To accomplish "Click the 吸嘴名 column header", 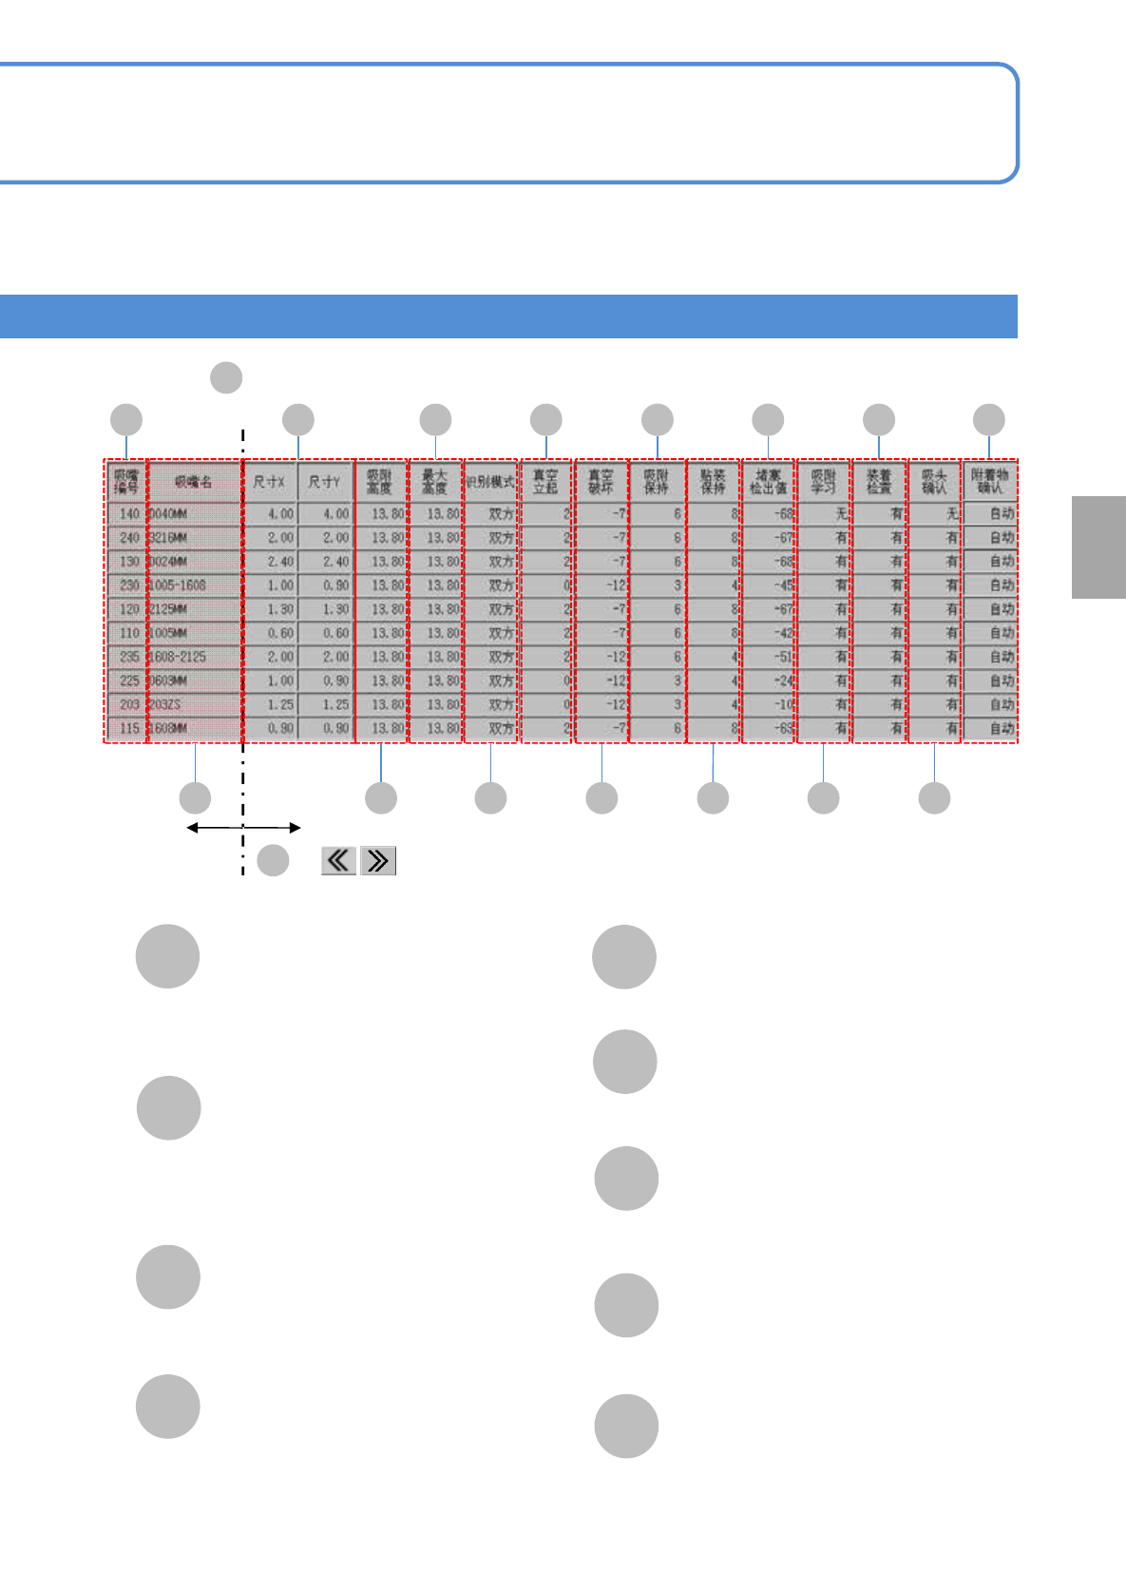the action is point(194,483).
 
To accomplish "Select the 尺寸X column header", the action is point(270,483).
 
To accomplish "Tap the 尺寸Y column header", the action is point(325,483).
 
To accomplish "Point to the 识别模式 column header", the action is point(490,483).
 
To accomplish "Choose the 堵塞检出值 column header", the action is point(768,483).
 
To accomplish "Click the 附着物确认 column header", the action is point(989,481).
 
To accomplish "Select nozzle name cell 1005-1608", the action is point(194,585).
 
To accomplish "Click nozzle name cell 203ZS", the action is point(194,704).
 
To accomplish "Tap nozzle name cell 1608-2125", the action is point(194,657).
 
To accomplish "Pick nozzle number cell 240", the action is point(127,538).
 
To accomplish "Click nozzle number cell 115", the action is point(127,728).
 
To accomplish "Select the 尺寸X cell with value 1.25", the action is point(271,704).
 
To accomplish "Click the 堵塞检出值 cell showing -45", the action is point(769,585).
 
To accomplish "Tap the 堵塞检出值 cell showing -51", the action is point(769,657).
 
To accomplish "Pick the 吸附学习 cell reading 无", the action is point(824,514).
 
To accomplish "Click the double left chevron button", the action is point(338,861).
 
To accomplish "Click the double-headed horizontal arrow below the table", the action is point(243,828).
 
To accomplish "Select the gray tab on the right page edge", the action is point(1098,547).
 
